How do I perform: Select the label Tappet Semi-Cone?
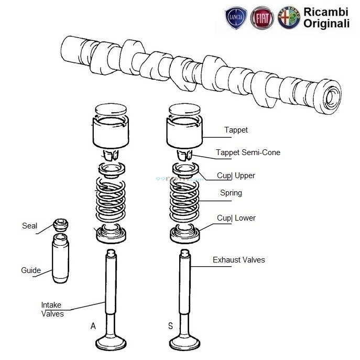pos(248,153)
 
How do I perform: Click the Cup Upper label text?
pos(236,176)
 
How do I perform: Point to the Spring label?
pos(231,193)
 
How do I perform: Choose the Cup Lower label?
pos(236,218)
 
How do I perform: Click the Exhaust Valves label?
pos(238,260)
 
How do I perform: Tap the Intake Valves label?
pos(52,309)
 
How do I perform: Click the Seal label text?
pos(29,226)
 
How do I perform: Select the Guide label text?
pos(30,270)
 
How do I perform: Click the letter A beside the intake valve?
pos(93,326)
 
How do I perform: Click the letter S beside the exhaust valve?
pos(170,326)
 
